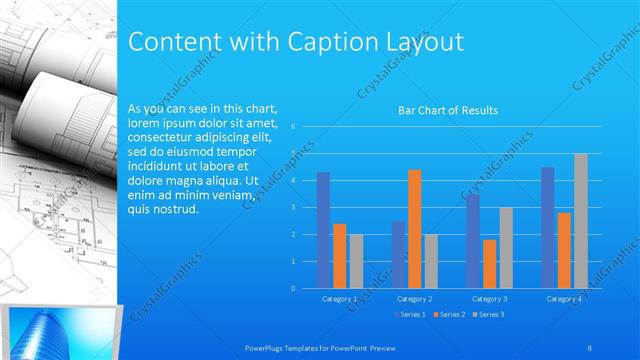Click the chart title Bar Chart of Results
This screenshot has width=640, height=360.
448,110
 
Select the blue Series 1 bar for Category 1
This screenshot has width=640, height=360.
323,230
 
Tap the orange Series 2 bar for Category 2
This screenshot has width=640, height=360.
414,229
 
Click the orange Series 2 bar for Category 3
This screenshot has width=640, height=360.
489,264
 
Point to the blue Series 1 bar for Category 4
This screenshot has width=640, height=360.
547,227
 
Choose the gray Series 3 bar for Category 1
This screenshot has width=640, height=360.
356,261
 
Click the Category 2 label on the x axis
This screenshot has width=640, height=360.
414,299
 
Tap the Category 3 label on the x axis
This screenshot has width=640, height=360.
489,299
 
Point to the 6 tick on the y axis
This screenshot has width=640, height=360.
293,127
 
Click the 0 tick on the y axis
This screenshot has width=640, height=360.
293,288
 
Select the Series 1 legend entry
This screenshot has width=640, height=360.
410,315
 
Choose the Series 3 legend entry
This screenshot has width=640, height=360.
489,315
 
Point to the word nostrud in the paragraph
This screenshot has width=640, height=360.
176,209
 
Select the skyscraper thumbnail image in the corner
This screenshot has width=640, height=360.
60,331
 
